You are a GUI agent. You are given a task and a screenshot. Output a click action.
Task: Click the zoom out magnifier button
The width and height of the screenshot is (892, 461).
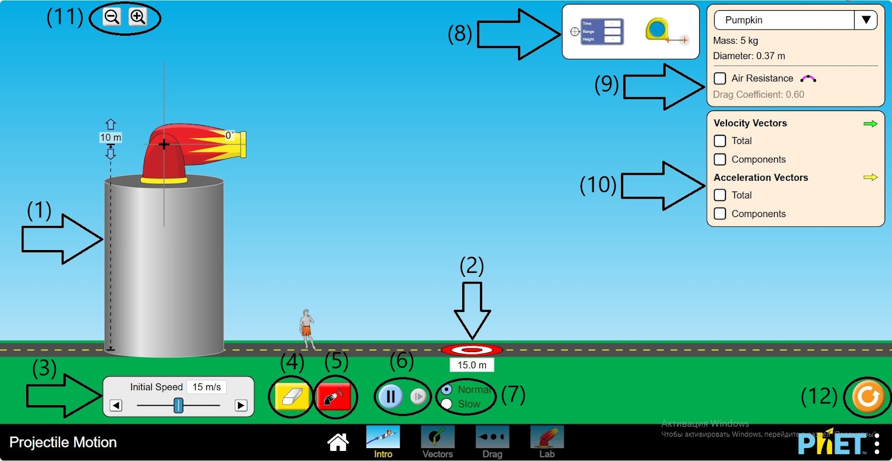112,17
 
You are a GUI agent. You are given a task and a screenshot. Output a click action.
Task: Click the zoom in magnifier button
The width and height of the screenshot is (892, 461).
138,17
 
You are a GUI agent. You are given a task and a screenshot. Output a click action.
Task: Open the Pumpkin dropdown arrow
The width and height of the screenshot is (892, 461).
866,20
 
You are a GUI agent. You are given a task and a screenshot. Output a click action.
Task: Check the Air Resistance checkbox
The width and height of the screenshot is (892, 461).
720,78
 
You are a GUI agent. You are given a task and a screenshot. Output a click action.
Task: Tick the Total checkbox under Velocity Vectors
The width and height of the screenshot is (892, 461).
720,141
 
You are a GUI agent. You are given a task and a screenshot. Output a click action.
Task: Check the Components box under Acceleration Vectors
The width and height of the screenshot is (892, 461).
720,213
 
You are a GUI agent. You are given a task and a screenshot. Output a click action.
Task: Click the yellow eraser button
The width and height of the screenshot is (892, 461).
292,397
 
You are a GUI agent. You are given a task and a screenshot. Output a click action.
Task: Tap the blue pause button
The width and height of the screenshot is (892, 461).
390,396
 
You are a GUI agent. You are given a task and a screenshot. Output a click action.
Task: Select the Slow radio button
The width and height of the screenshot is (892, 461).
447,404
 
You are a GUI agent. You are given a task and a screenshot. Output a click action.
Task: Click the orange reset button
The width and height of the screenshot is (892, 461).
867,397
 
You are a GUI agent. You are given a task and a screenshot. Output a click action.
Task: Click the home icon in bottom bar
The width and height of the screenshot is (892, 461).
338,442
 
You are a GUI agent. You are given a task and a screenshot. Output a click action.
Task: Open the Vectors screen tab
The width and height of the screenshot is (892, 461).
438,441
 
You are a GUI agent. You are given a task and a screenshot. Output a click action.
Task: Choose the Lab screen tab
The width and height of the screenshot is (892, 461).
547,441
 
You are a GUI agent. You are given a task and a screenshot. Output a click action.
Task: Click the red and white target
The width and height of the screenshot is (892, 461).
472,350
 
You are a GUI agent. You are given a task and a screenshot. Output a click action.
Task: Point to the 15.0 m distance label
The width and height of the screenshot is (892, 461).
472,365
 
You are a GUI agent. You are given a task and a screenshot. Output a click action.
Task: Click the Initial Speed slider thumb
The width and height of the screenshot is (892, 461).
178,405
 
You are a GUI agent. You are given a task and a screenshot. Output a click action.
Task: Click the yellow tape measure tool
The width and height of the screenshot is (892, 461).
657,30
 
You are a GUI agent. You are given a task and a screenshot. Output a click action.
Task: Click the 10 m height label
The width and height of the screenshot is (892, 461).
110,137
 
